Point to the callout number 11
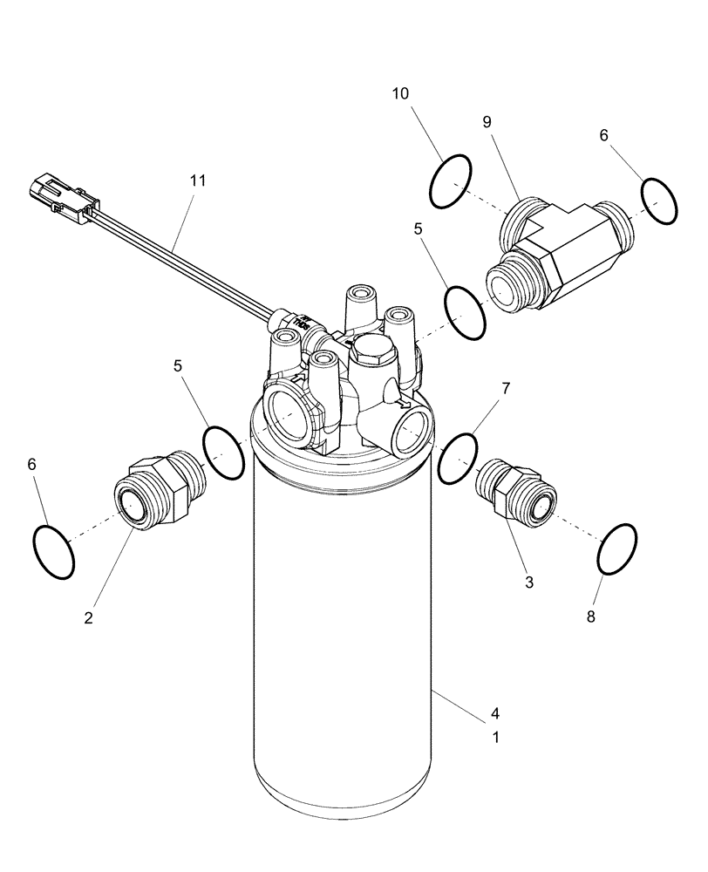(x=198, y=181)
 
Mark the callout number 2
(x=89, y=617)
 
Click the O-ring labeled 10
(x=452, y=181)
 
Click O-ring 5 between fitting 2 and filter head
(x=223, y=451)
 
